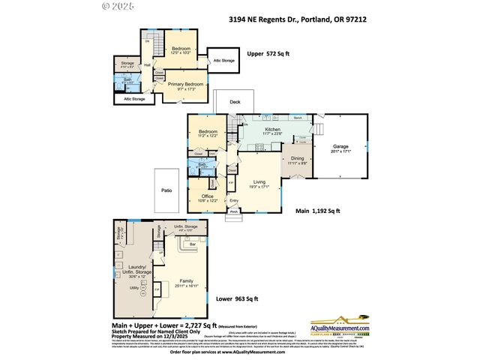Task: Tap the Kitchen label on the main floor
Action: pyautogui.click(x=272, y=129)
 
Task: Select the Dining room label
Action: pyautogui.click(x=298, y=159)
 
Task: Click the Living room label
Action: pyautogui.click(x=259, y=181)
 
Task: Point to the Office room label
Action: pyautogui.click(x=207, y=196)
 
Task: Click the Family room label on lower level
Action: pyautogui.click(x=185, y=280)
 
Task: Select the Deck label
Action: pyautogui.click(x=235, y=101)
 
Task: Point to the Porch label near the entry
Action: pyautogui.click(x=234, y=211)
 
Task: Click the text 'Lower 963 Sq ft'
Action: pyautogui.click(x=236, y=298)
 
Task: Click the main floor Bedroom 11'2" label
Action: pyautogui.click(x=207, y=132)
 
